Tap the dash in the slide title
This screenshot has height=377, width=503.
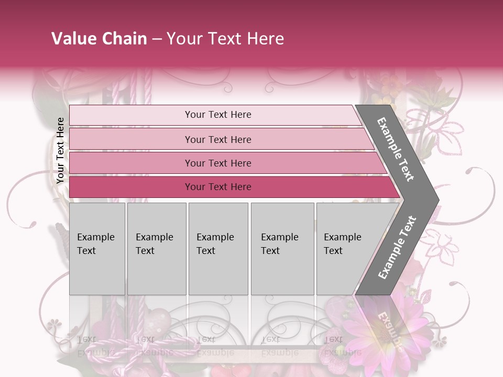coord(157,39)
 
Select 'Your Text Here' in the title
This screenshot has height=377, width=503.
coord(225,39)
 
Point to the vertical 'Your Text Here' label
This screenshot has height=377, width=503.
coord(60,151)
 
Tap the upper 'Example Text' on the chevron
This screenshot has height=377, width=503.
coord(396,149)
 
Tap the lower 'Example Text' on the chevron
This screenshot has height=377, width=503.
coord(397,248)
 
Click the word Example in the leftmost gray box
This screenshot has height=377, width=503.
coord(95,237)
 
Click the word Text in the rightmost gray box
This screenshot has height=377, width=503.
coord(333,251)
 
